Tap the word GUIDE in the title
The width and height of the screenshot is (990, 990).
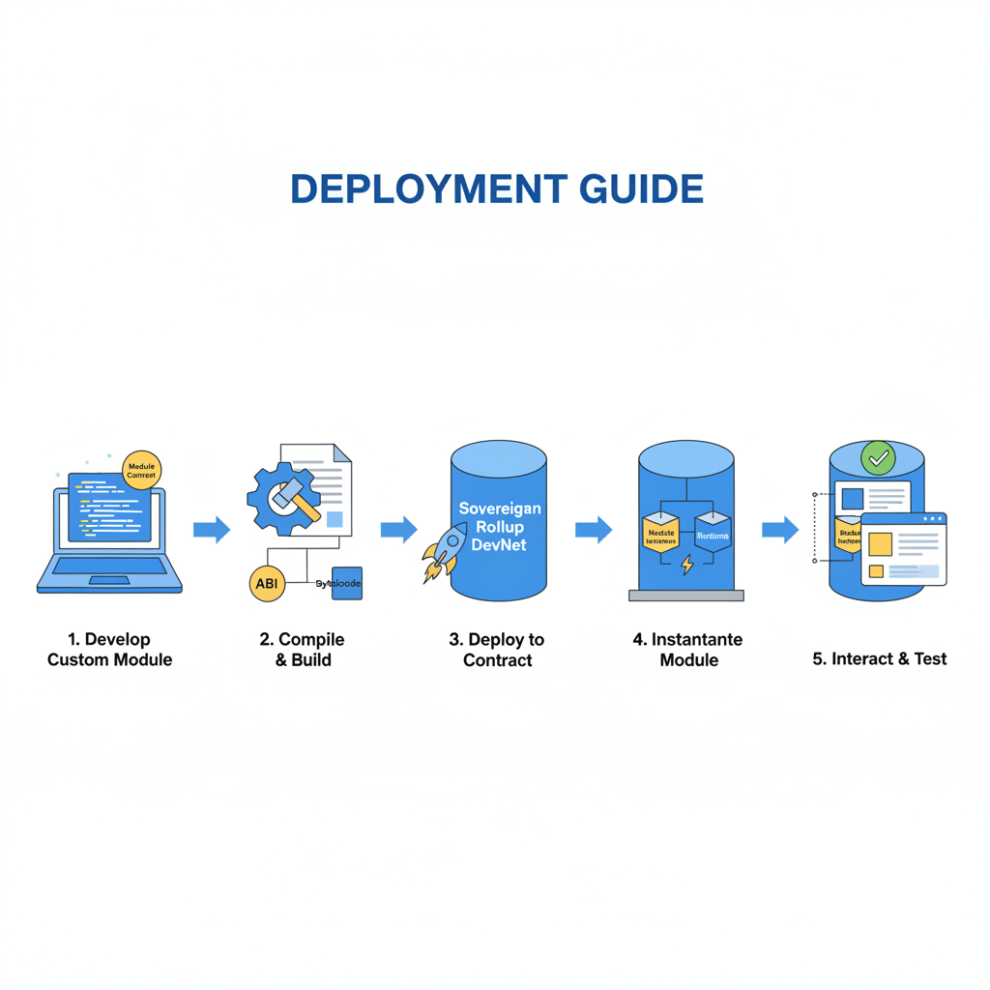pos(641,189)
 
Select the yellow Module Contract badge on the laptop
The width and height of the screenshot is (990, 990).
pos(142,471)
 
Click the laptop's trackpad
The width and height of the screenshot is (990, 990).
pos(109,579)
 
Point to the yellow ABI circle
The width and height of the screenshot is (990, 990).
pos(267,583)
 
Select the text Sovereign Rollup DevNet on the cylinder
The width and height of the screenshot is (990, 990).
pos(499,526)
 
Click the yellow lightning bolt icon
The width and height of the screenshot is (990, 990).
pos(687,565)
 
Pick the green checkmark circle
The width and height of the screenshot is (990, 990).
pos(878,458)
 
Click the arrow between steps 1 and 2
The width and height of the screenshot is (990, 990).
pos(212,529)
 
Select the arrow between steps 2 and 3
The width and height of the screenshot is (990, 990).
pos(398,529)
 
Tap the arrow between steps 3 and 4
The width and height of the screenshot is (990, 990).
pos(594,529)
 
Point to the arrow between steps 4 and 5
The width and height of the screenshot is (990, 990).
pos(780,529)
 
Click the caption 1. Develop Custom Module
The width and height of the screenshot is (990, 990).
pos(109,650)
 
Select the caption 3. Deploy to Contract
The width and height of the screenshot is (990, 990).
pos(497,650)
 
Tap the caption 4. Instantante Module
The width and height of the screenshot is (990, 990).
pos(688,650)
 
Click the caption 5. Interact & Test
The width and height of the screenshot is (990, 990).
pos(879,658)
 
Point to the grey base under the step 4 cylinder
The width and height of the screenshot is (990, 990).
pos(686,596)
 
